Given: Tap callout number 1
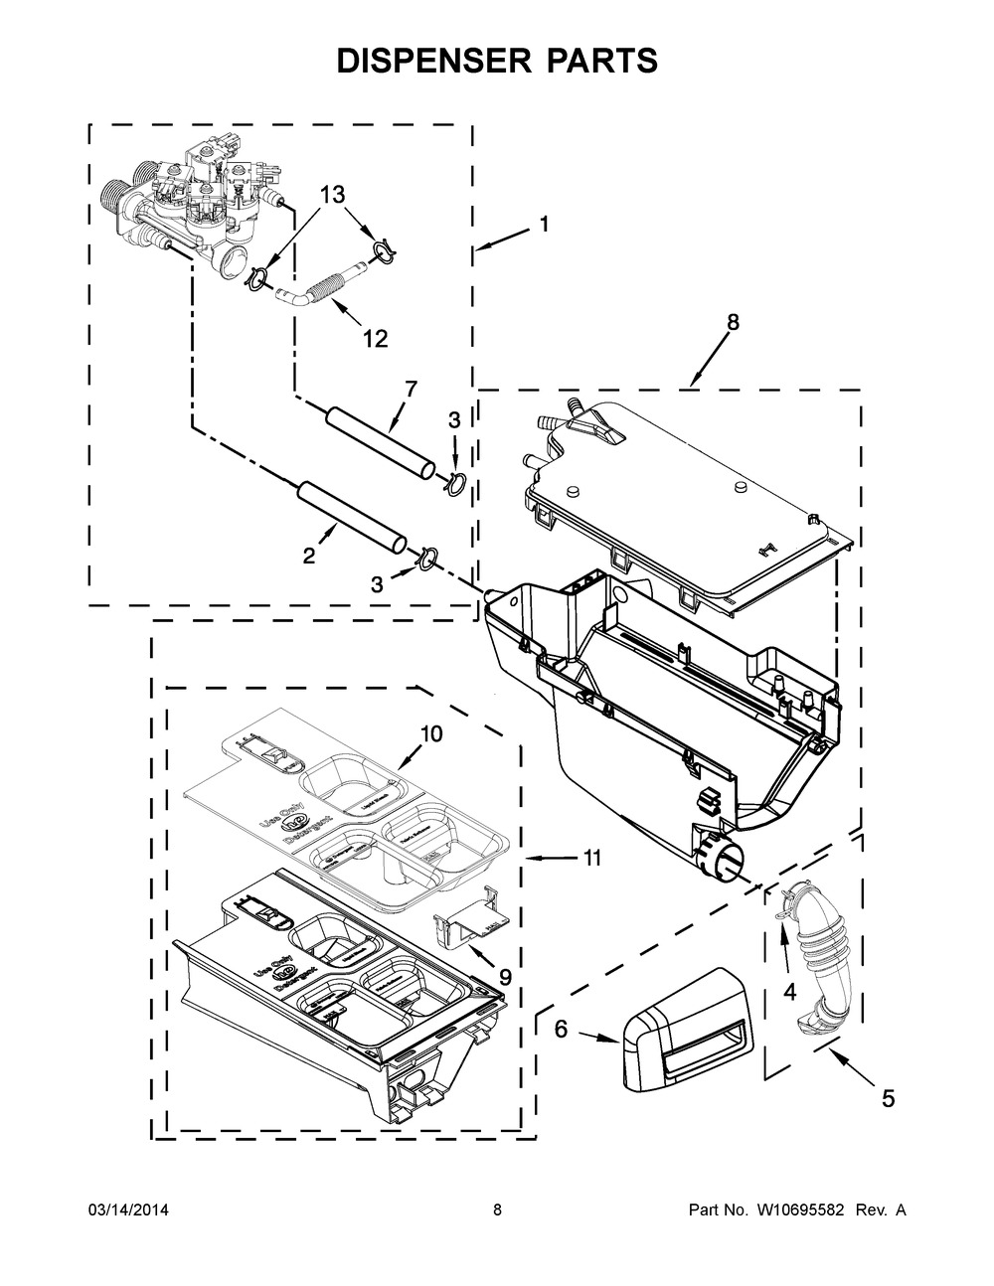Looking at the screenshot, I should [x=544, y=226].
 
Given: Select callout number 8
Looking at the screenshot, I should [x=733, y=322].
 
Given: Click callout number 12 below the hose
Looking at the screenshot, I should [x=374, y=339].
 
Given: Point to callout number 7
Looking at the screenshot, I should [x=412, y=387].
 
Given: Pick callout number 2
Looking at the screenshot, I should [x=309, y=556].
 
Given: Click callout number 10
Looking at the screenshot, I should [x=430, y=734].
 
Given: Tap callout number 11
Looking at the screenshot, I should [x=592, y=858].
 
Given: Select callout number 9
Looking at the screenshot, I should [x=505, y=977].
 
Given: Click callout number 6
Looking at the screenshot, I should [x=561, y=1030].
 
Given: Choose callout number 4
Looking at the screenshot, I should [x=790, y=990].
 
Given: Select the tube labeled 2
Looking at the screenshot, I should [x=353, y=515].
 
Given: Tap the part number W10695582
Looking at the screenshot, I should [x=794, y=1209].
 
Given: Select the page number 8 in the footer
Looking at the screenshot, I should [x=497, y=1209].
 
